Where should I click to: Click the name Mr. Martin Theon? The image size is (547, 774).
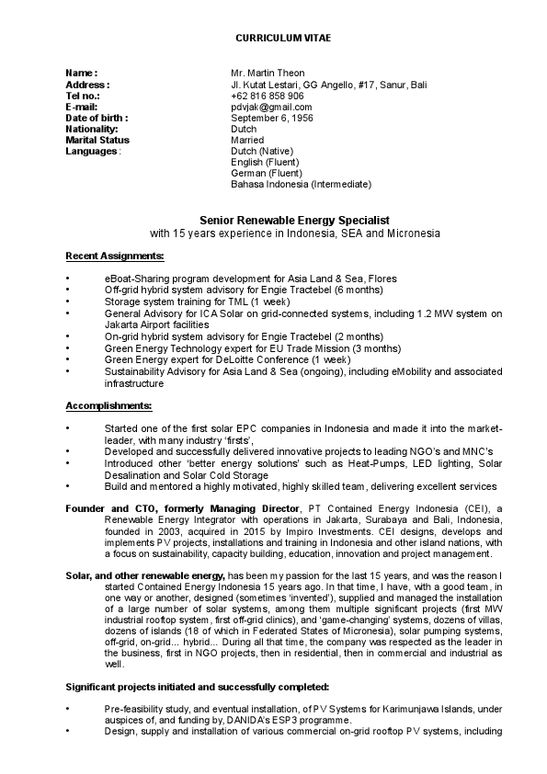coord(268,73)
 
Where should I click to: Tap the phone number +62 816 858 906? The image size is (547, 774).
coord(268,96)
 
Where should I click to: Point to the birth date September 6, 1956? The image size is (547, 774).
coord(272,118)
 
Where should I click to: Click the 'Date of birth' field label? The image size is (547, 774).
coord(97,118)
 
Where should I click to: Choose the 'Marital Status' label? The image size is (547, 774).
coord(98,140)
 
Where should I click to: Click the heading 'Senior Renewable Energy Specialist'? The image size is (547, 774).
coord(295,221)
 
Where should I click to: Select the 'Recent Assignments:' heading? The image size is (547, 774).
coord(115,255)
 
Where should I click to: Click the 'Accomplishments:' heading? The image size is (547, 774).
coord(109,405)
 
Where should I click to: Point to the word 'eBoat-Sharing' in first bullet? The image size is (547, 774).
coord(135,278)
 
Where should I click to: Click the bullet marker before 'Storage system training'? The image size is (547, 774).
coord(68,302)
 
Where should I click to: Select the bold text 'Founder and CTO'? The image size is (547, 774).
coord(105,508)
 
